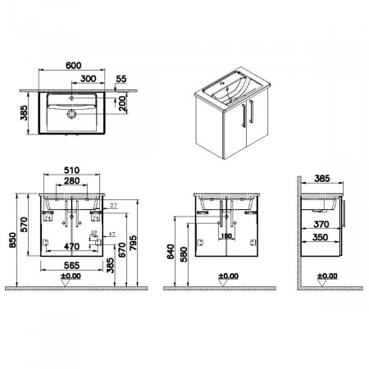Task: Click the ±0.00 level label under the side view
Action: pyautogui.click(x=326, y=276)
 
